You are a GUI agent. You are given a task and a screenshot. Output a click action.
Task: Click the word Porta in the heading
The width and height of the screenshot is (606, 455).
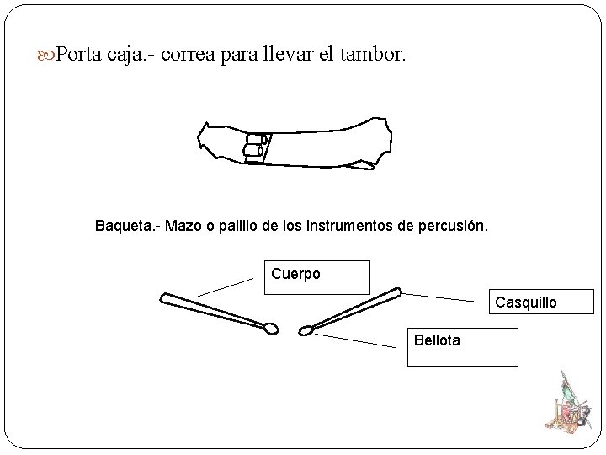pos(81,55)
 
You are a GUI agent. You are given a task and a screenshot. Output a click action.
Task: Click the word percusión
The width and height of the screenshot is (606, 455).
pos(451,227)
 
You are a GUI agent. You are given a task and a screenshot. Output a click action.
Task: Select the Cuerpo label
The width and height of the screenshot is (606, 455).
pos(296,275)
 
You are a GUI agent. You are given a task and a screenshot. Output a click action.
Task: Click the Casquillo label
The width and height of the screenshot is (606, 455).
pos(525,302)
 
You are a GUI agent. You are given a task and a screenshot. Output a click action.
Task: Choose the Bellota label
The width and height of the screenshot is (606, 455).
pos(438,340)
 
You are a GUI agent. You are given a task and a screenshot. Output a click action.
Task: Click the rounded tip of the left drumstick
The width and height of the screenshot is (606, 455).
pos(270,328)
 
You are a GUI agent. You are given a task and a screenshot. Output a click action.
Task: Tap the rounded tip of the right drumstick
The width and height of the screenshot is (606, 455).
pos(306,330)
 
